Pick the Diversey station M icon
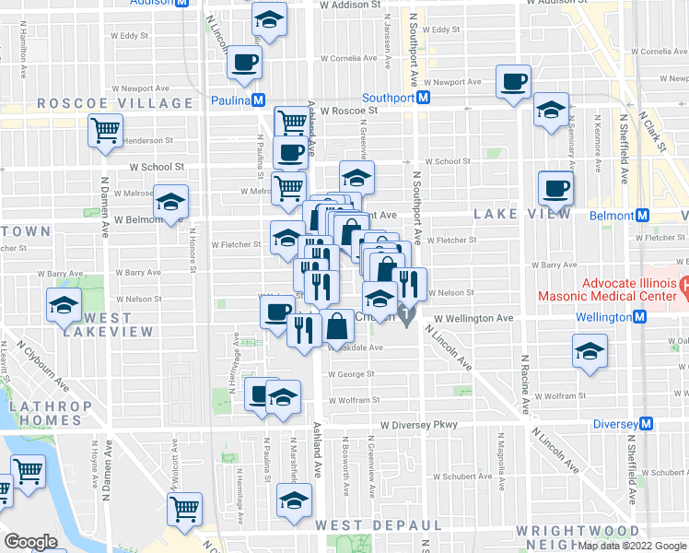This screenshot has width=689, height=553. [x=647, y=424]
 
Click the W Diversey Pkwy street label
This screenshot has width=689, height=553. [x=418, y=426]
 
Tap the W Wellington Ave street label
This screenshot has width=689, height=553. [x=473, y=317]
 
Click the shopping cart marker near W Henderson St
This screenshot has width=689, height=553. [x=106, y=130]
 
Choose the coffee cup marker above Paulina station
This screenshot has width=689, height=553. [x=245, y=63]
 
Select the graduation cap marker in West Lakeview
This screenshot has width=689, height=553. [x=63, y=305]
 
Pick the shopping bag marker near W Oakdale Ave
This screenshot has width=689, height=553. [x=338, y=327]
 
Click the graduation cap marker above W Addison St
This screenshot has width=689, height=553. [x=269, y=19]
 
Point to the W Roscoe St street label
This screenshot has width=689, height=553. [x=349, y=111]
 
